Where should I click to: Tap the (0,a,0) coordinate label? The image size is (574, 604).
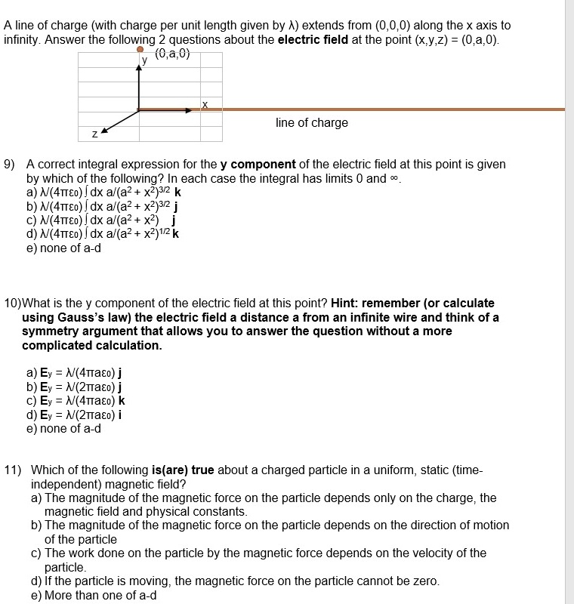tap(173, 54)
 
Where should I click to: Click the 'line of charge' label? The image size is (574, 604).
tap(312, 123)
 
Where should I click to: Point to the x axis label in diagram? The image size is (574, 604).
tap(205, 103)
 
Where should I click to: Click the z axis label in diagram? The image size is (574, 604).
tap(94, 134)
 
